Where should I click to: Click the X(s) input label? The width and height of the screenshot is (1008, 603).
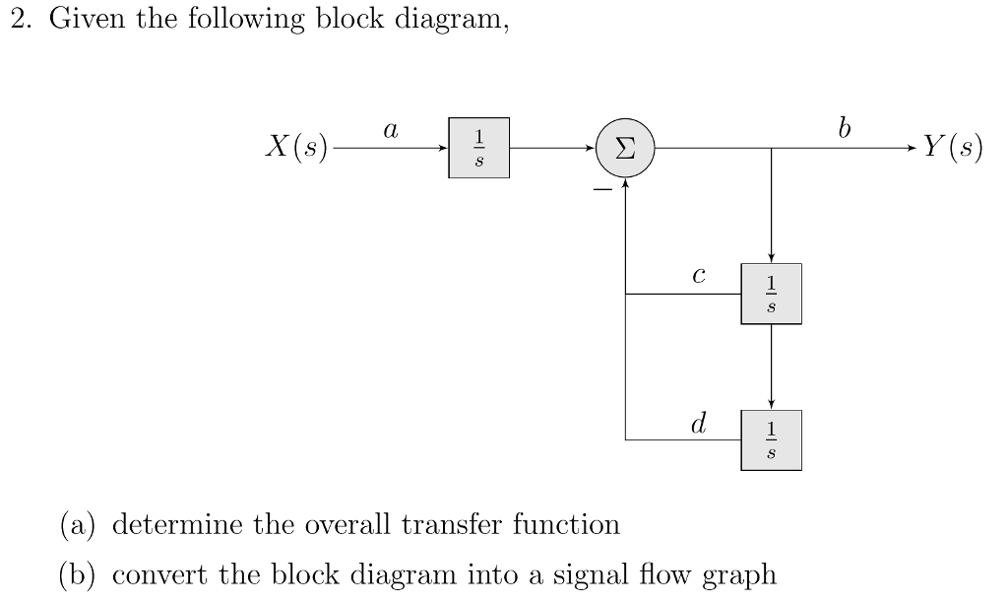point(296,148)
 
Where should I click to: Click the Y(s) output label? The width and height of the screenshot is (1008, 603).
point(952,148)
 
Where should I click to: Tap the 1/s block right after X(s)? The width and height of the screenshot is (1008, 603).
point(478,149)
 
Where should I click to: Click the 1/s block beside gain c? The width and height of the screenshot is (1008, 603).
point(771,294)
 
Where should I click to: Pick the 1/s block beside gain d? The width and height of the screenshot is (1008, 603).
point(771,439)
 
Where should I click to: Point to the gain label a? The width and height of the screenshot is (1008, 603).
point(391,129)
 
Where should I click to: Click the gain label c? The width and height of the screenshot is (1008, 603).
point(698,276)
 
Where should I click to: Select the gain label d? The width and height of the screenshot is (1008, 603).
point(698,424)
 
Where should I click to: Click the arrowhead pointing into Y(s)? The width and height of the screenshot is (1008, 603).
point(911,149)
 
